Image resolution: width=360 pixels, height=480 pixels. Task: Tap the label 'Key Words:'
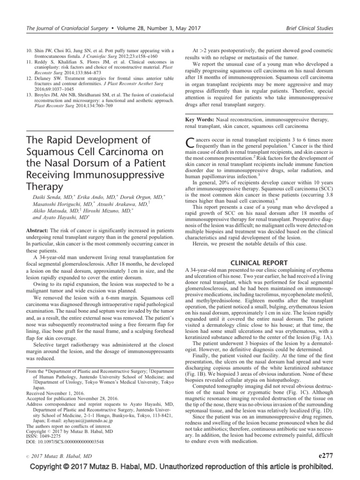pyautogui.click(x=201, y=120)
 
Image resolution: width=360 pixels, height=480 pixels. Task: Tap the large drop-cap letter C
pyautogui.click(x=191, y=144)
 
